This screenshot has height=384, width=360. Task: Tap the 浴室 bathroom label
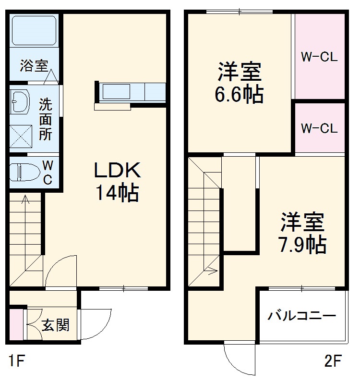[34, 66]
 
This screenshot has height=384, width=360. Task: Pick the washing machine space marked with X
[21, 136]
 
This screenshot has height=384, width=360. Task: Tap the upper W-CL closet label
[319, 57]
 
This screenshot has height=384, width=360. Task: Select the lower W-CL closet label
[319, 128]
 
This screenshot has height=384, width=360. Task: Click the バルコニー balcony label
[301, 316]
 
